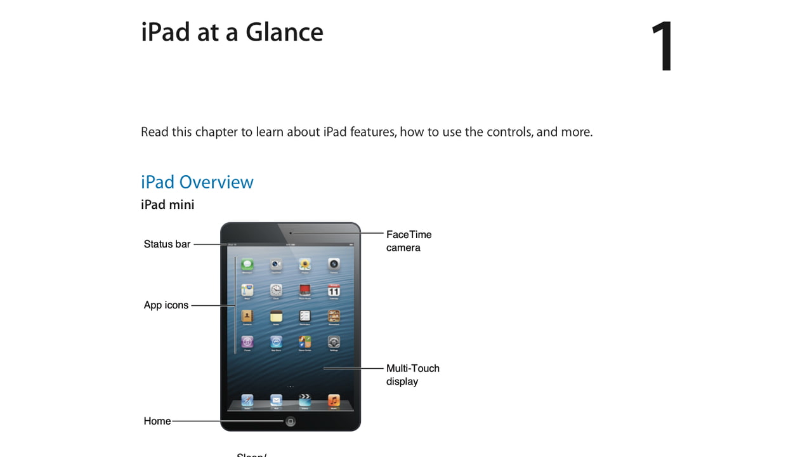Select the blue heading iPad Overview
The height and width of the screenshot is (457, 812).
(x=197, y=182)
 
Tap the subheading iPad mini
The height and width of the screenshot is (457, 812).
(x=167, y=204)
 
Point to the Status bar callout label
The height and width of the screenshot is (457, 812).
(x=167, y=244)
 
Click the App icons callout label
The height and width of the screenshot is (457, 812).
(x=166, y=305)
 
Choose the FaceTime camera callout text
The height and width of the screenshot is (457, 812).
(x=409, y=241)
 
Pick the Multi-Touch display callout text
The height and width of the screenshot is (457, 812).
(x=412, y=374)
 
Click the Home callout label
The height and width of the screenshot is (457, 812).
(x=157, y=421)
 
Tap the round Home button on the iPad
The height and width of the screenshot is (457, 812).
(x=291, y=421)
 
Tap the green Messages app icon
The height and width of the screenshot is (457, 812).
(x=247, y=265)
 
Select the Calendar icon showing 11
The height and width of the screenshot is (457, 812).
(x=334, y=291)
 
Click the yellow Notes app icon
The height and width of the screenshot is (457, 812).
(x=276, y=316)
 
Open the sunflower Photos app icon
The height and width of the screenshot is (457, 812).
(x=305, y=265)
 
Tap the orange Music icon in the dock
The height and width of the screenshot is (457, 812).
(x=334, y=401)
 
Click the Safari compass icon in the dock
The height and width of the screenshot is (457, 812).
(x=247, y=401)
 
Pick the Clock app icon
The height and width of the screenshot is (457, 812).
(x=276, y=291)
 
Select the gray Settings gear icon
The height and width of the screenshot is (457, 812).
(x=334, y=342)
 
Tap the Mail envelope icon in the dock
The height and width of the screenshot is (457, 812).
(x=276, y=401)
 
